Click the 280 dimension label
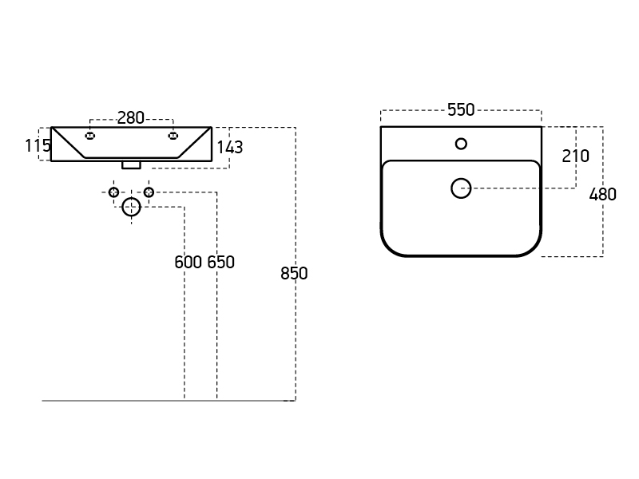(x=131, y=118)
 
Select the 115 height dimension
(x=38, y=145)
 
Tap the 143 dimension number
(x=230, y=148)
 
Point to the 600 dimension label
(x=188, y=263)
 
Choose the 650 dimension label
(x=221, y=263)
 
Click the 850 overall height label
(x=294, y=273)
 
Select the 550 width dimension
(x=461, y=110)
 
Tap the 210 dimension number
(x=575, y=156)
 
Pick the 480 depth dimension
(x=603, y=195)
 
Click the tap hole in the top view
(x=461, y=144)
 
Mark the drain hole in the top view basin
(x=461, y=188)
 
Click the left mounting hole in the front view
(x=90, y=136)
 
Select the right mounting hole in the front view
(x=173, y=136)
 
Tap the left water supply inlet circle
(x=113, y=192)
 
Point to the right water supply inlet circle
(x=149, y=192)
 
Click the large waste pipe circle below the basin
(x=131, y=207)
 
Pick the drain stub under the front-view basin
(x=131, y=165)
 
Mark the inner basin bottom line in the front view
(x=131, y=157)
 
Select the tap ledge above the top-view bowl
(x=461, y=144)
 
